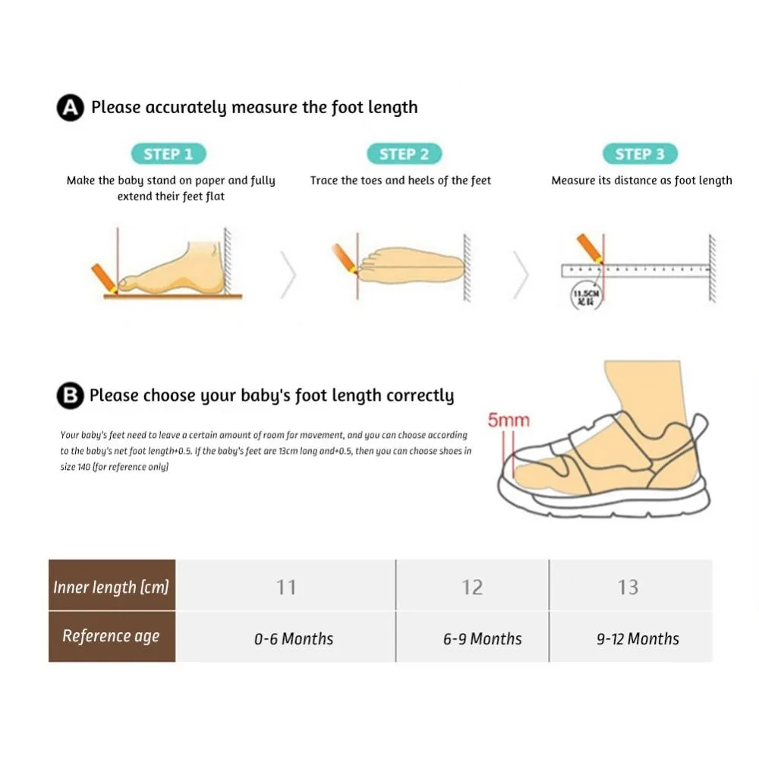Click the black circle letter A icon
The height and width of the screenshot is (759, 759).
(71, 109)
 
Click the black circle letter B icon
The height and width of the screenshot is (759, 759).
(71, 395)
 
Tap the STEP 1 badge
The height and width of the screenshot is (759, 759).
(168, 154)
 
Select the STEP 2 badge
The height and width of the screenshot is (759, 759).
(404, 154)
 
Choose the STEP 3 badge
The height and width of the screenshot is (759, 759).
(639, 154)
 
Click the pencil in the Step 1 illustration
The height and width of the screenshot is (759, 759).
(104, 277)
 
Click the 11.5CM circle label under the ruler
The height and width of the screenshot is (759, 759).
(585, 297)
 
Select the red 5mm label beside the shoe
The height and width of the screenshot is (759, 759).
(509, 420)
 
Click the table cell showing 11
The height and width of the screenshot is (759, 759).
(286, 587)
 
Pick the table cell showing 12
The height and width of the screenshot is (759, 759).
(472, 587)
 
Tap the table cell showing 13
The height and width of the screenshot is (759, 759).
(628, 587)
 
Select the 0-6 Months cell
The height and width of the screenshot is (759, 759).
(293, 638)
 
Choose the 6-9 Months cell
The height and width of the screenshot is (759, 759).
(482, 638)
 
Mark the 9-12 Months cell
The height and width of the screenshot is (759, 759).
(638, 638)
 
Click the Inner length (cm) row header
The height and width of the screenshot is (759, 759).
(112, 587)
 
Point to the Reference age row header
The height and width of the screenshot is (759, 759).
(112, 637)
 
